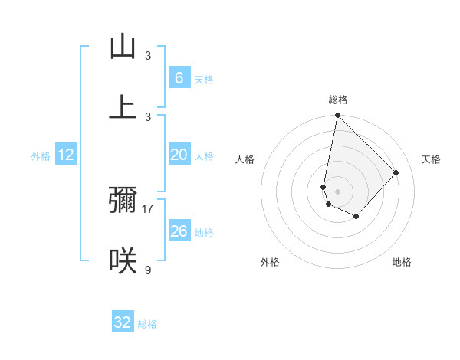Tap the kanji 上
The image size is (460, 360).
coord(123,106)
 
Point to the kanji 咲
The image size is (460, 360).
coord(123,260)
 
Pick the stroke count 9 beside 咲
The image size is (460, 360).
coord(148,270)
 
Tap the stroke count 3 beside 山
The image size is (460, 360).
coord(148,56)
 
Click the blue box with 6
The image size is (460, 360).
coord(179,78)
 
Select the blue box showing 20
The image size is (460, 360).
coord(179,155)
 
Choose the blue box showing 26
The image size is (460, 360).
coord(179,231)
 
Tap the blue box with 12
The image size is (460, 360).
coord(66,155)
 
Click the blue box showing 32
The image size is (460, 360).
coord(123,322)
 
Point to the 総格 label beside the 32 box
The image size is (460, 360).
coord(147,324)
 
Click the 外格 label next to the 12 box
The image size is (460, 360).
coord(41,156)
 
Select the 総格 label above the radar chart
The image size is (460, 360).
coord(338,100)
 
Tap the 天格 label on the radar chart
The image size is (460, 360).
coord(431,159)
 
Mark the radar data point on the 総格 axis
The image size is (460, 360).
coord(338,116)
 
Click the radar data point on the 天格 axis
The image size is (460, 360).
coord(396,172)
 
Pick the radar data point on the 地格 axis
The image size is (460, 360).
coord(356,217)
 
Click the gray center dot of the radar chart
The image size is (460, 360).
coord(338,191)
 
